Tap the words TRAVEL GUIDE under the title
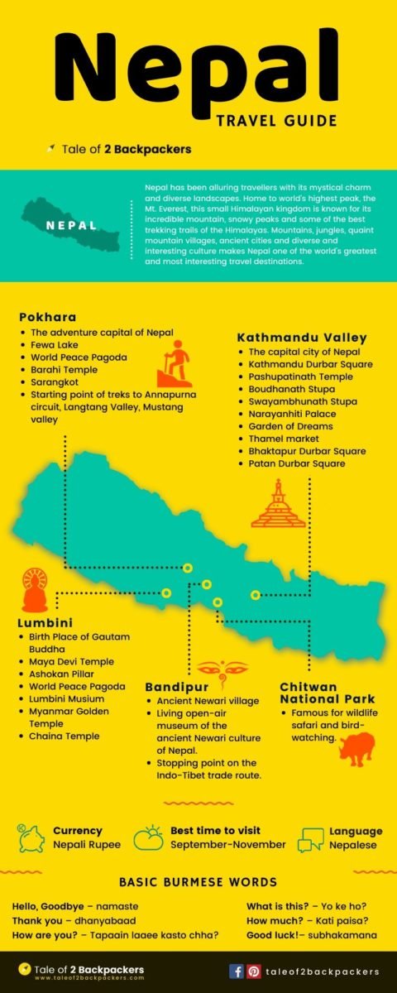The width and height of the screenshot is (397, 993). pyautogui.click(x=276, y=122)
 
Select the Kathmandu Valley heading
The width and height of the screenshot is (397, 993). pyautogui.click(x=301, y=338)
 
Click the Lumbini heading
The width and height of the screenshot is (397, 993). pyautogui.click(x=45, y=622)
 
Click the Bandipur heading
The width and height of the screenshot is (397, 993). pyautogui.click(x=175, y=687)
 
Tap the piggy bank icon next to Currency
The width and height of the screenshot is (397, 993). pyautogui.click(x=30, y=837)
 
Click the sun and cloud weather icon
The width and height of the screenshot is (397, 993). pyautogui.click(x=148, y=837)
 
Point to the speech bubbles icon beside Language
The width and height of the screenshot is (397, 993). pyautogui.click(x=310, y=839)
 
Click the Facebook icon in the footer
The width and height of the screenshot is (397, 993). pyautogui.click(x=237, y=971)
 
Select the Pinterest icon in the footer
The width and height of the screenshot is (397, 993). pyautogui.click(x=254, y=971)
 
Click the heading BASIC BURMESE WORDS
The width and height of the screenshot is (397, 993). pyautogui.click(x=198, y=882)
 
